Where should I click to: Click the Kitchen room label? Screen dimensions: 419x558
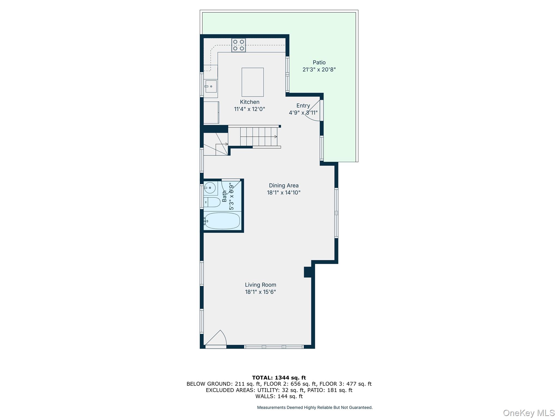(250, 102)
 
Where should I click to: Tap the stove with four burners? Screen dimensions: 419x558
(238, 45)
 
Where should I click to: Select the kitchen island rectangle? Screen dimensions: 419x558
(253, 82)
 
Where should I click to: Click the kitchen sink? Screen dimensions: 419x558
(211, 86)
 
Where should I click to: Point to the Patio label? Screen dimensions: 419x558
(319, 62)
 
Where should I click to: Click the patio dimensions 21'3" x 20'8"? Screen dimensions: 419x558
(319, 70)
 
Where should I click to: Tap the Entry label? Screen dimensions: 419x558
(303, 106)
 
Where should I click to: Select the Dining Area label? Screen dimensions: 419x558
(284, 185)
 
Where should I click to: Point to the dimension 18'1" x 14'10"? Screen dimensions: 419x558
(284, 193)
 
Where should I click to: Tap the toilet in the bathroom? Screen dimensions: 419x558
(212, 202)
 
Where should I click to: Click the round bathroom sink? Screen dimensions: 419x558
(210, 188)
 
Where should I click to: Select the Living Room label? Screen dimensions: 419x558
(260, 285)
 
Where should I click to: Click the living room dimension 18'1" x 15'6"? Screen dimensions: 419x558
(260, 292)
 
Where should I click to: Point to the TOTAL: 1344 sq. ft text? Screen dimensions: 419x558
(279, 378)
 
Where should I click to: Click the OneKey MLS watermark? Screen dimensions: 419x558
(529, 413)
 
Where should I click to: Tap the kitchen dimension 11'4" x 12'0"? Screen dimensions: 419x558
(250, 109)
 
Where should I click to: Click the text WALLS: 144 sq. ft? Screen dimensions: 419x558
(279, 396)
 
